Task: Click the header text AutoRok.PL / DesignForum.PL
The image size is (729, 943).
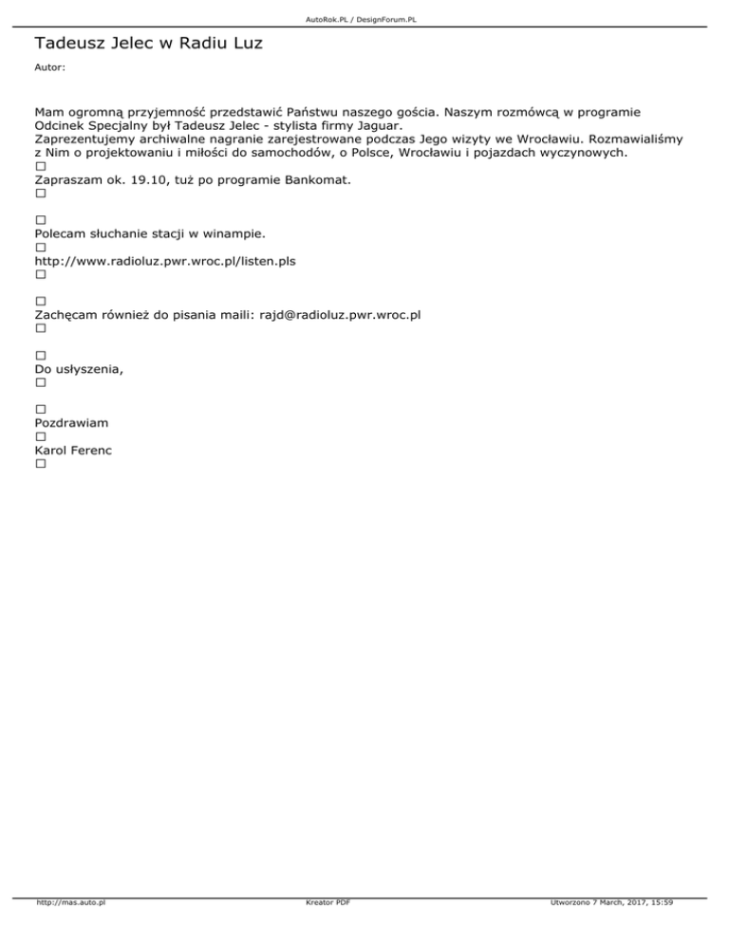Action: [364, 19]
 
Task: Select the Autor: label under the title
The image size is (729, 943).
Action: [50, 69]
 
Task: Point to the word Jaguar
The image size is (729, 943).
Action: [378, 124]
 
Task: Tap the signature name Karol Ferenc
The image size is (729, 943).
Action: [73, 451]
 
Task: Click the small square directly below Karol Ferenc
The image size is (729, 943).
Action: [40, 465]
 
